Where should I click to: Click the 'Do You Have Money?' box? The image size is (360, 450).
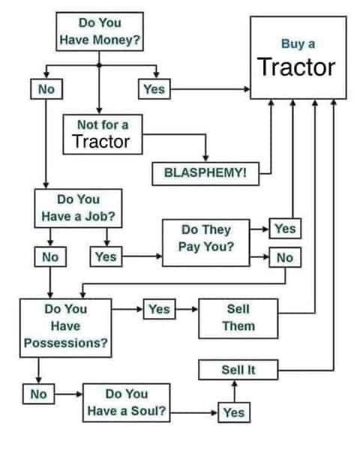pyautogui.click(x=100, y=31)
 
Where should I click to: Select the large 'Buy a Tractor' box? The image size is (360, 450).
pyautogui.click(x=298, y=58)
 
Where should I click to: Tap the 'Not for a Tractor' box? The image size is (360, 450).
pyautogui.click(x=103, y=134)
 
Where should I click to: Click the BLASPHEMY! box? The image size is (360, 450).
pyautogui.click(x=205, y=174)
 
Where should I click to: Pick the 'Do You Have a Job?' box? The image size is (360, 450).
pyautogui.click(x=78, y=208)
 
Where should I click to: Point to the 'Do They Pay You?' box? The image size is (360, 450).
pyautogui.click(x=206, y=243)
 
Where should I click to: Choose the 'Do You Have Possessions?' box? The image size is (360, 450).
pyautogui.click(x=66, y=328)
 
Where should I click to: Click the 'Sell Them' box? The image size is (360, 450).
pyautogui.click(x=238, y=319)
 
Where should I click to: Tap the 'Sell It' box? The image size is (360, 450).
pyautogui.click(x=238, y=370)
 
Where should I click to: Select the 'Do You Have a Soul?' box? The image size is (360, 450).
pyautogui.click(x=126, y=403)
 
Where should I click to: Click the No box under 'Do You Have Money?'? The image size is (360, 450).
pyautogui.click(x=46, y=89)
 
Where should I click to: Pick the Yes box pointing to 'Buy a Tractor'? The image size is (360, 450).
pyautogui.click(x=154, y=89)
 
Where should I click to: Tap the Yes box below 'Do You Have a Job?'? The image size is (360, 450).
pyautogui.click(x=106, y=256)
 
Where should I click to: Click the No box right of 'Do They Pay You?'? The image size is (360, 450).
pyautogui.click(x=285, y=257)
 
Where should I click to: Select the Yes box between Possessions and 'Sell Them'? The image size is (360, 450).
pyautogui.click(x=159, y=309)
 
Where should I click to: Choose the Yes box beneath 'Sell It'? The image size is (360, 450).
pyautogui.click(x=234, y=412)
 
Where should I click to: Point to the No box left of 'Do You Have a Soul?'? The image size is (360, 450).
pyautogui.click(x=39, y=394)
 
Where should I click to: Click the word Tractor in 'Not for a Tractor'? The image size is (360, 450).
pyautogui.click(x=101, y=142)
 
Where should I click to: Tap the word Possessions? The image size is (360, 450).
pyautogui.click(x=66, y=343)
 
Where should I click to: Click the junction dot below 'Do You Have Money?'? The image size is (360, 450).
pyautogui.click(x=99, y=65)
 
